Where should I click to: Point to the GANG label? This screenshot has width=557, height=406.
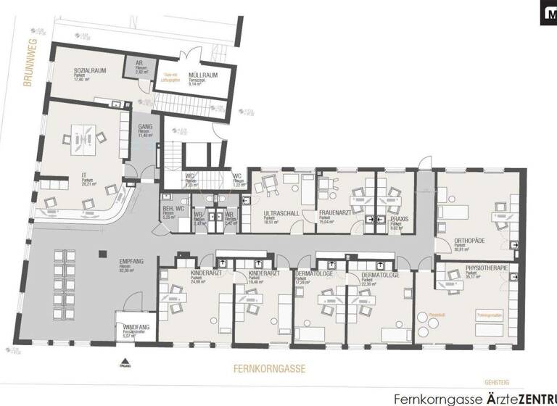click(x=144, y=125)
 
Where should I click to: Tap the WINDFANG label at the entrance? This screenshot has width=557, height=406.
click(x=136, y=327)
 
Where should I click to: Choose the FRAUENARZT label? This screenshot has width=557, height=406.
click(x=334, y=214)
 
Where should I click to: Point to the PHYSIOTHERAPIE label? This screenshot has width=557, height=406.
click(x=487, y=269)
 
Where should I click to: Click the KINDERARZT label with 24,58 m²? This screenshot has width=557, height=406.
click(x=185, y=273)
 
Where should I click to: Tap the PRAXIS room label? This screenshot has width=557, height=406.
click(x=400, y=218)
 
